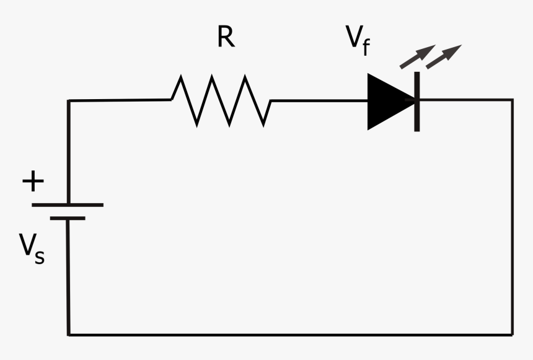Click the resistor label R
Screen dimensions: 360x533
pyautogui.click(x=226, y=38)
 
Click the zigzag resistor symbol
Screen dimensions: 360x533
pyautogui.click(x=221, y=100)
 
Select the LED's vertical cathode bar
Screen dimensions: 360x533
pyautogui.click(x=417, y=101)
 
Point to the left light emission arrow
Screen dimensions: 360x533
pyautogui.click(x=414, y=57)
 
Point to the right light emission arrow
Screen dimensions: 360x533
pyautogui.click(x=443, y=56)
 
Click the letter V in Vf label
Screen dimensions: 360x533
pyautogui.click(x=355, y=38)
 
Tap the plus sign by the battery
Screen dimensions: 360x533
pyautogui.click(x=33, y=182)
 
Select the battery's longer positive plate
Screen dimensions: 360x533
pyautogui.click(x=68, y=204)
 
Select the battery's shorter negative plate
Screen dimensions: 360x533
pyautogui.click(x=68, y=218)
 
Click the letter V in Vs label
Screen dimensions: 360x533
pyautogui.click(x=27, y=246)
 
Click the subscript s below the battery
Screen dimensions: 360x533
pyautogui.click(x=39, y=256)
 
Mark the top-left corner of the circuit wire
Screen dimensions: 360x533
pyautogui.click(x=69, y=100)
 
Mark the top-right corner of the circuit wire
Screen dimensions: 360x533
pyautogui.click(x=512, y=100)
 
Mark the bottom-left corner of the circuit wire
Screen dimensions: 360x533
pyautogui.click(x=68, y=335)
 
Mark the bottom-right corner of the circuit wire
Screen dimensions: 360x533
pyautogui.click(x=513, y=335)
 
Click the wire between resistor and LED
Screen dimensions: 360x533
pyautogui.click(x=319, y=100)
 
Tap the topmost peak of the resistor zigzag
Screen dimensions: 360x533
pyautogui.click(x=213, y=76)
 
